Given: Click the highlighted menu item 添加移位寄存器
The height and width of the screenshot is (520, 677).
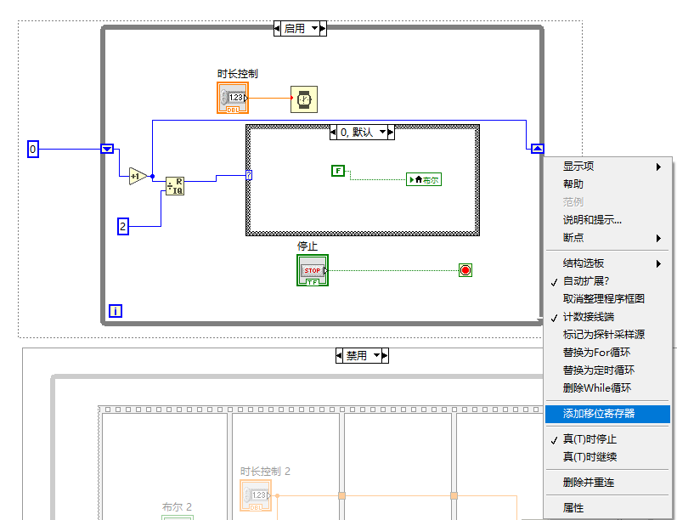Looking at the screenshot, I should (x=599, y=414).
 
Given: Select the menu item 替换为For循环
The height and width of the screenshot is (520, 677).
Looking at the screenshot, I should (x=596, y=353).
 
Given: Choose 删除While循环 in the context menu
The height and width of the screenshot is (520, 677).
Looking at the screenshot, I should (x=596, y=388).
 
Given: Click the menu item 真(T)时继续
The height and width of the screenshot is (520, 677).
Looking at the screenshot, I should (x=590, y=457).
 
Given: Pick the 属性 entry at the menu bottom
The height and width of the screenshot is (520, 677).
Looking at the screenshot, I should (x=573, y=508).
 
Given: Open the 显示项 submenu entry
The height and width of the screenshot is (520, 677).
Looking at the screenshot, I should (x=578, y=167).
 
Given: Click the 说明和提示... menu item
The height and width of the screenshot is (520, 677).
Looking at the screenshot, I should (x=592, y=220).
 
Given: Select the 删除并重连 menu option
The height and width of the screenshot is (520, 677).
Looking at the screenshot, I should (x=589, y=483).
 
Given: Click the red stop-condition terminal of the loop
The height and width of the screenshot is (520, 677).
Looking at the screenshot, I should (x=465, y=270).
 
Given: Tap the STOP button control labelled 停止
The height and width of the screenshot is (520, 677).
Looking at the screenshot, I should (x=313, y=270).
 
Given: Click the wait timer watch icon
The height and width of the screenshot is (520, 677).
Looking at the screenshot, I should (x=302, y=99).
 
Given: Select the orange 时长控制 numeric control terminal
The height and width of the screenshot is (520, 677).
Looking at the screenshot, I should (x=233, y=98).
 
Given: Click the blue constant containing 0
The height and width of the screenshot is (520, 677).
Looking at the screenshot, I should (x=33, y=150).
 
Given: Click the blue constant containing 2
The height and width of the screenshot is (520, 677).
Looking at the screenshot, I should (x=122, y=226).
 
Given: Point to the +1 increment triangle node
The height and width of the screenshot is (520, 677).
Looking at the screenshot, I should (x=137, y=177).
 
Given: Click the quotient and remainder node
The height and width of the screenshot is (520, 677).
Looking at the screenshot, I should (x=175, y=186).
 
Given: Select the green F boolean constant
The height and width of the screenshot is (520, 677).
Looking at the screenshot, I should (x=337, y=171).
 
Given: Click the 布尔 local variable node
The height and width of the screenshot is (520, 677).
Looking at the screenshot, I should (x=425, y=179).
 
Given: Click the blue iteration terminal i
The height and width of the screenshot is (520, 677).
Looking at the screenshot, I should (x=116, y=311).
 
